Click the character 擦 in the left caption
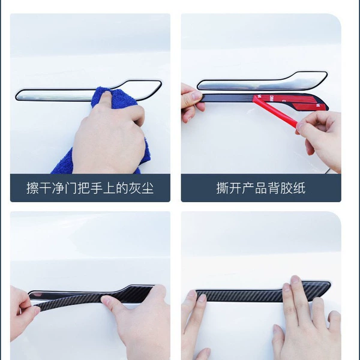[x=32, y=188]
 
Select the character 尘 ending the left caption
[x=147, y=188]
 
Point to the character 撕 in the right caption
[x=222, y=188]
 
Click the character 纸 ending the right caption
[x=299, y=188]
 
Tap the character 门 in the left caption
[x=71, y=188]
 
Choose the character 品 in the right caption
[x=260, y=188]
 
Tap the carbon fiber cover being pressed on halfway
[x=92, y=298]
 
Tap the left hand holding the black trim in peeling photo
[x=191, y=101]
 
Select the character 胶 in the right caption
[x=286, y=188]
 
